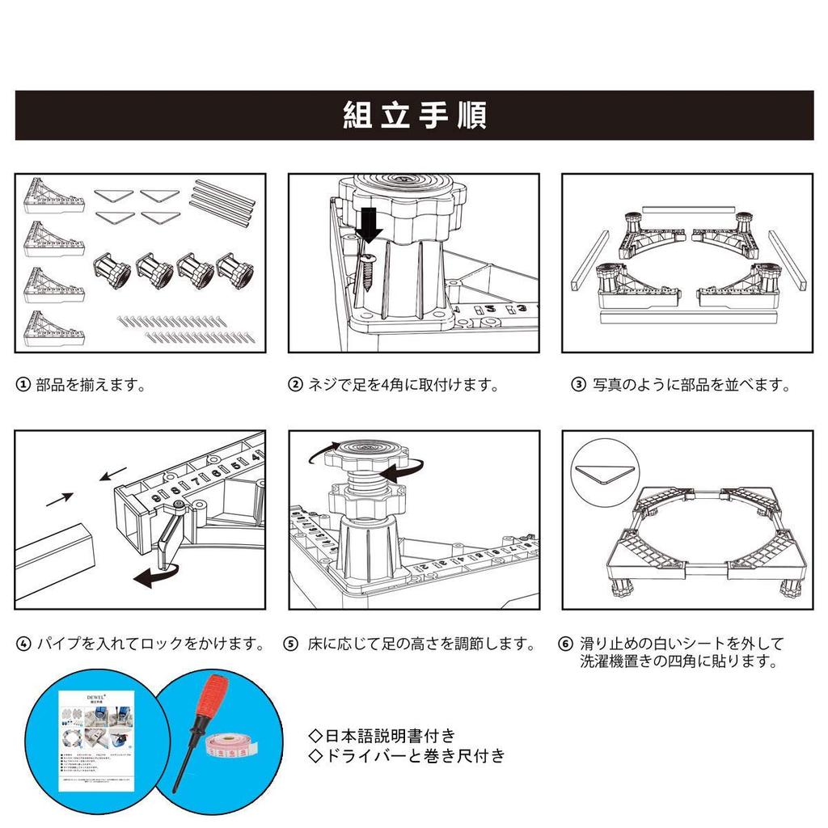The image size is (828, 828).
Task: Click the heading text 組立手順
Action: click(414, 116)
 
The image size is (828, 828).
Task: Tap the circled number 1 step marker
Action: click(24, 385)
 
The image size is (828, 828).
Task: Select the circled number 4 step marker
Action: click(24, 644)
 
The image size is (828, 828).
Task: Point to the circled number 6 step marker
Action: click(565, 644)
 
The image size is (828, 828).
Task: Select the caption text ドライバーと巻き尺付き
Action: click(409, 756)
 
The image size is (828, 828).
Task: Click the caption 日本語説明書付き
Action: click(383, 736)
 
